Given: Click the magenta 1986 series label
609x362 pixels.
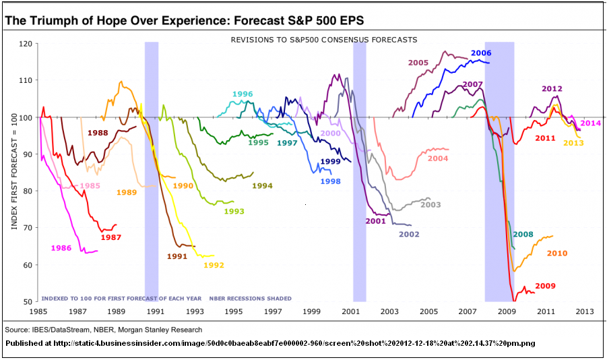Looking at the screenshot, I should (61, 248).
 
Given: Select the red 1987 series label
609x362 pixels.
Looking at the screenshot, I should (110, 237).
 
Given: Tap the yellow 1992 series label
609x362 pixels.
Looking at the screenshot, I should (214, 265).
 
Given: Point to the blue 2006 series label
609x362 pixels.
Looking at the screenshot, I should (481, 53).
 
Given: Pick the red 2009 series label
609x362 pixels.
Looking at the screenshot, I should (545, 286).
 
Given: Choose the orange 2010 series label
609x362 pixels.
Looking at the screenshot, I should (556, 253).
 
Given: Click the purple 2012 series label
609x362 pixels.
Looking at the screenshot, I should (552, 88).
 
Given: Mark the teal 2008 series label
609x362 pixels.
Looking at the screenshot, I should (523, 235).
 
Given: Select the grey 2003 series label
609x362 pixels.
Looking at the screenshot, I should (430, 204).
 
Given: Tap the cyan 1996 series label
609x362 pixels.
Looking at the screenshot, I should (243, 94).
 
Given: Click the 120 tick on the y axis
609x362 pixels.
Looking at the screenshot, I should (26, 44).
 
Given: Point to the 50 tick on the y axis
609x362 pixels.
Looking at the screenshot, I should (28, 301).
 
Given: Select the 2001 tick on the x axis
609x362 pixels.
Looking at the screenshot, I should (350, 312).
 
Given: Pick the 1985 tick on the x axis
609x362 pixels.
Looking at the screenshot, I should (38, 312).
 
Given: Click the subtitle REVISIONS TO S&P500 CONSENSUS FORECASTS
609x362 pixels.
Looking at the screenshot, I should (323, 40).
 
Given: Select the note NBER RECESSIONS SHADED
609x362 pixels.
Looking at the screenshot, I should (250, 298).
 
